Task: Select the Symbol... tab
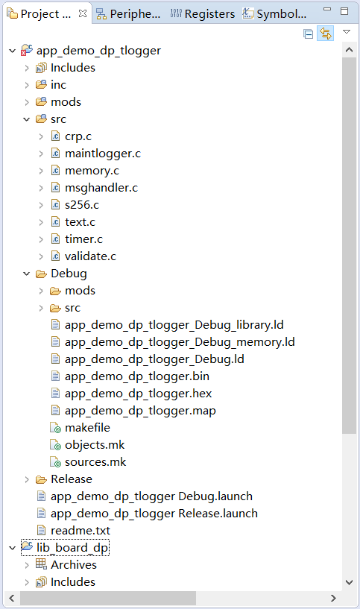(x=275, y=14)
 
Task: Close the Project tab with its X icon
(x=82, y=13)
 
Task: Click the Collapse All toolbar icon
(x=309, y=34)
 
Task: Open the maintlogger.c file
(x=102, y=154)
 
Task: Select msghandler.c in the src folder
(x=101, y=188)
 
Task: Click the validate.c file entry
(x=89, y=256)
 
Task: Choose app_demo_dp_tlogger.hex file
(x=139, y=394)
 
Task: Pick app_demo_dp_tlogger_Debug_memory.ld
(x=179, y=342)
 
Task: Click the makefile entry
(x=87, y=428)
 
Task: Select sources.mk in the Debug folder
(x=95, y=462)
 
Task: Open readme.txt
(x=80, y=531)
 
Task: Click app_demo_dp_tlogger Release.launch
(x=154, y=514)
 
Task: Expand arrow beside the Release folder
(x=26, y=479)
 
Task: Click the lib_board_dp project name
(x=72, y=548)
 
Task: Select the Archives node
(x=73, y=565)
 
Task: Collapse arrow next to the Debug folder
(x=26, y=274)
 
